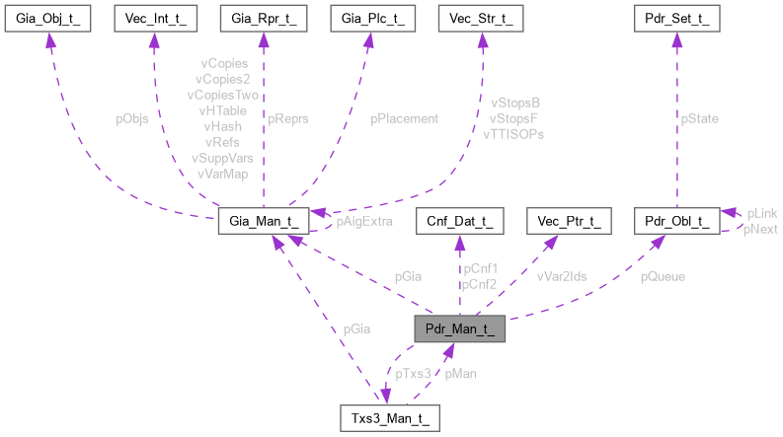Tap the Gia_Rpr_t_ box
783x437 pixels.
(x=262, y=19)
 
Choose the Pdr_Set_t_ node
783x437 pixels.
(x=674, y=19)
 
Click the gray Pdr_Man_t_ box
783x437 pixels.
(x=459, y=329)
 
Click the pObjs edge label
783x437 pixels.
(x=132, y=118)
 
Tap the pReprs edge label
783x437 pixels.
(x=288, y=118)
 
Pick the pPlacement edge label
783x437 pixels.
(x=404, y=118)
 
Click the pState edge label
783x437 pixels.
(x=699, y=118)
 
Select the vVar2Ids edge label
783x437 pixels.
(x=561, y=277)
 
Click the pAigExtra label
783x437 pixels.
(x=364, y=222)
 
